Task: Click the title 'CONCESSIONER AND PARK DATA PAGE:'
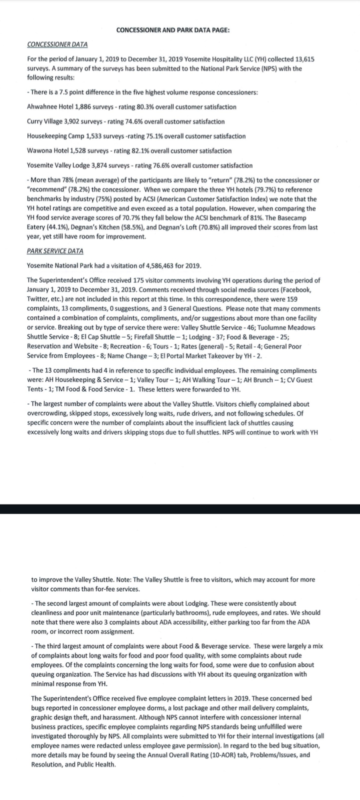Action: point(172,30)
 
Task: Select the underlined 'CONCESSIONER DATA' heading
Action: point(57,44)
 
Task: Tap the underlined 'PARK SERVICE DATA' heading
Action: point(55,251)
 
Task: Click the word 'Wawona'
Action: point(39,151)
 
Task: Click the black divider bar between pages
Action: point(180,509)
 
